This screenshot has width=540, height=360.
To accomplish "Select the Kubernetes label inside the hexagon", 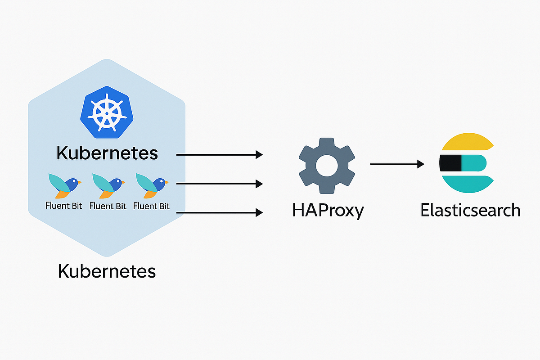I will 107,153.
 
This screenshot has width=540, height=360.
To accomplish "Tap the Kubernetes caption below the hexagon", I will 107,271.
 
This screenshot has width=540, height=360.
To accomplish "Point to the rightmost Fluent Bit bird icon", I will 152,186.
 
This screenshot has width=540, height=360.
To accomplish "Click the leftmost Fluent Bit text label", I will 64,206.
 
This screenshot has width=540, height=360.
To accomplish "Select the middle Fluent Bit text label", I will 108,206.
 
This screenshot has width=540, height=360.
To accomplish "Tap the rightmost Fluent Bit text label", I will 152,206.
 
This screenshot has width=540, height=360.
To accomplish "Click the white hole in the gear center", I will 327,166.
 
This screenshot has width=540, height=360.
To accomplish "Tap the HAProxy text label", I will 327,210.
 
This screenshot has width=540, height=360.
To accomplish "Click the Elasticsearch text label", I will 470,210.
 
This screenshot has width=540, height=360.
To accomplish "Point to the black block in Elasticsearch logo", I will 450,163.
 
